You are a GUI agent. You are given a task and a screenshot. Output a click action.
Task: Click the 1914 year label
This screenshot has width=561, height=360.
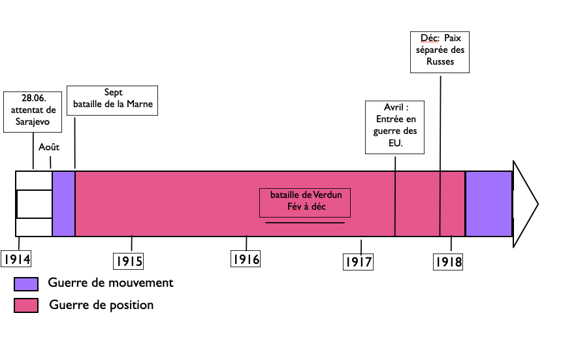point(16,259)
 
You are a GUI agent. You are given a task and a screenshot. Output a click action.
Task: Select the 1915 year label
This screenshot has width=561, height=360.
point(129,261)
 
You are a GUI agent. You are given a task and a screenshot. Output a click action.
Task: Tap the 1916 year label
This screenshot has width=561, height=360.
point(246,259)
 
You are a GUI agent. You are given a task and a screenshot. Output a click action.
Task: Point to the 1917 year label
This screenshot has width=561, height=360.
point(358,262)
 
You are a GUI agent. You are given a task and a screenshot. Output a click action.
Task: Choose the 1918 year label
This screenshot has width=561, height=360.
point(449,262)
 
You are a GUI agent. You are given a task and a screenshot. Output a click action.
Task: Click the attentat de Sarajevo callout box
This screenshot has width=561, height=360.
point(33,112)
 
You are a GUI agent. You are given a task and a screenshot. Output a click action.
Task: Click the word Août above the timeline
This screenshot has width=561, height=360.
point(49,147)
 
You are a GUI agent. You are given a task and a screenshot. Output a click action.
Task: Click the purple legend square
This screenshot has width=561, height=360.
point(26,284)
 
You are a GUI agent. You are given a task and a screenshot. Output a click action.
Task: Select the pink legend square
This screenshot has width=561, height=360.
point(26,305)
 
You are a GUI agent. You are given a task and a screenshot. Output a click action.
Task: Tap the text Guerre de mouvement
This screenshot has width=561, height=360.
point(110,283)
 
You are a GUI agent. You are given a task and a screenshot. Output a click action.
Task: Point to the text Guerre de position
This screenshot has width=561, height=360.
point(101,304)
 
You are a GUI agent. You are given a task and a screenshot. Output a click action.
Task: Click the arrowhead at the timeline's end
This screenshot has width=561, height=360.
point(524,204)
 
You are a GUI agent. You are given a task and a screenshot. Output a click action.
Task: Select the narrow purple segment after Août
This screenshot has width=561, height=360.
point(63,203)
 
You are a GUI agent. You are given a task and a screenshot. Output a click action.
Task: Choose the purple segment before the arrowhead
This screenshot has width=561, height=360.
point(489,203)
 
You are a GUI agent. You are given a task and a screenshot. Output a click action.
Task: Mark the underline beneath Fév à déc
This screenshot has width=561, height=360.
point(305,223)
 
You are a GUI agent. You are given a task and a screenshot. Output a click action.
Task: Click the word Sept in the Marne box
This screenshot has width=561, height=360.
point(113,92)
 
